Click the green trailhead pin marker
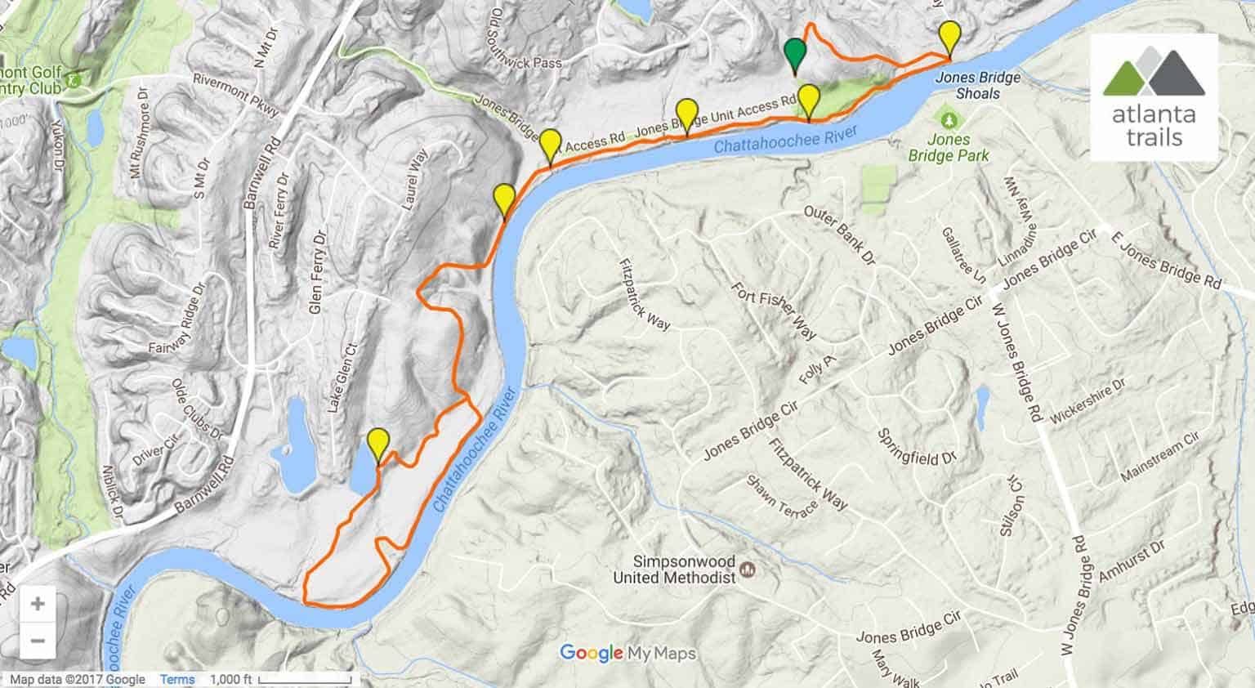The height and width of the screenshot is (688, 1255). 794,55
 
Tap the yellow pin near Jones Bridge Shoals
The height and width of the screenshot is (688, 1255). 949,38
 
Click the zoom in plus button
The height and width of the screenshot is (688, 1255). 38,605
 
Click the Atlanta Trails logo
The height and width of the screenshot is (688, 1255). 1154,98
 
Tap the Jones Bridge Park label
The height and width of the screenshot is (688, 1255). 948,148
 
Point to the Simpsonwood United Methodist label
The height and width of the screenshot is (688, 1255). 675,570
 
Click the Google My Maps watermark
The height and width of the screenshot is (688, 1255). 627,653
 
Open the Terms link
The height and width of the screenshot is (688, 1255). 177,679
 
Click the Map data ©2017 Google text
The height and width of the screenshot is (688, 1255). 77,679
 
